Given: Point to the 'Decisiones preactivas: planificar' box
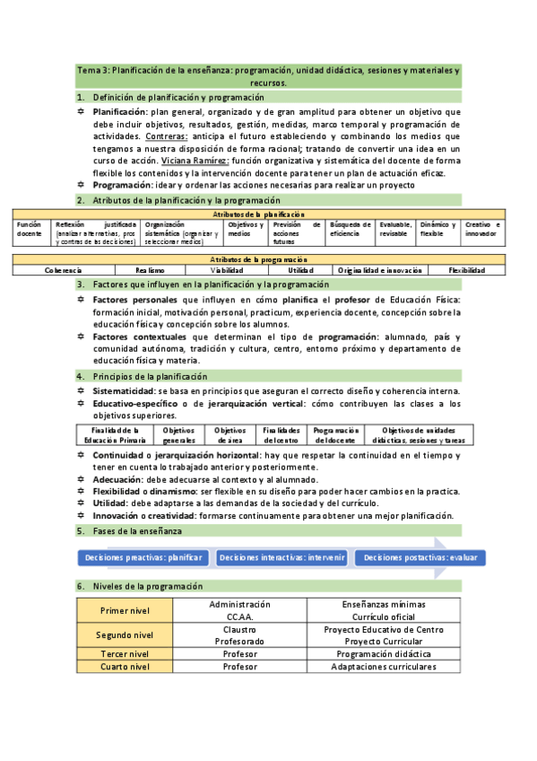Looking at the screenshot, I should click(x=144, y=557).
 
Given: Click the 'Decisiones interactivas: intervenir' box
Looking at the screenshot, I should click(x=281, y=557).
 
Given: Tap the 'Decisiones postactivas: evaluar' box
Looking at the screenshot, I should click(x=420, y=557).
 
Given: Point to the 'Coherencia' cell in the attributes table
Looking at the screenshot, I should click(x=64, y=270).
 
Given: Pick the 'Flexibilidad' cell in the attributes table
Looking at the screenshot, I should click(x=467, y=270).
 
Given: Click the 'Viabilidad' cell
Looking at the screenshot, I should click(x=227, y=270).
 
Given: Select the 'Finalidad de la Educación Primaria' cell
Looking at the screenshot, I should click(x=116, y=435).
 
